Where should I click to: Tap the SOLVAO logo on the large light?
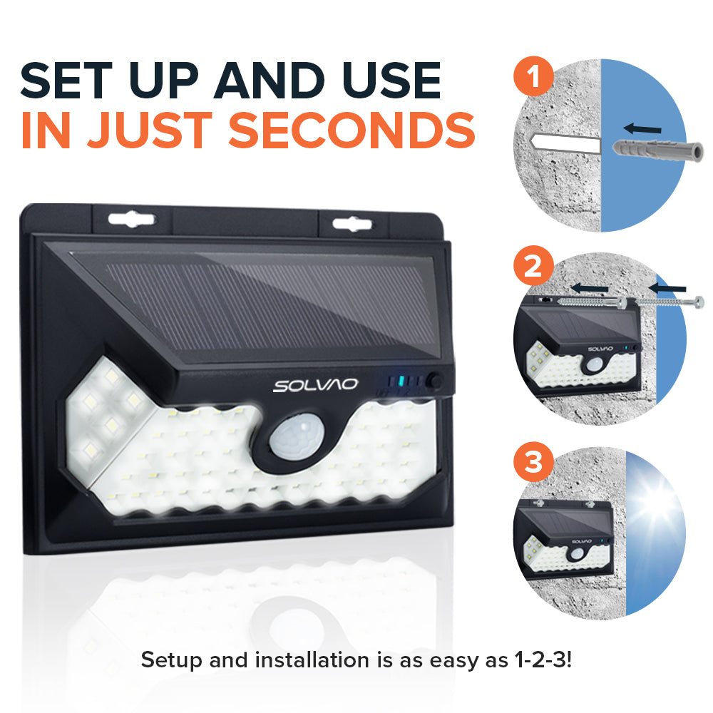[315, 386]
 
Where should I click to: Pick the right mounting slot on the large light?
[352, 224]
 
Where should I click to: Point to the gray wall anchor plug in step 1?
[656, 151]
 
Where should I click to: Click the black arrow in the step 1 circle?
[641, 129]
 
